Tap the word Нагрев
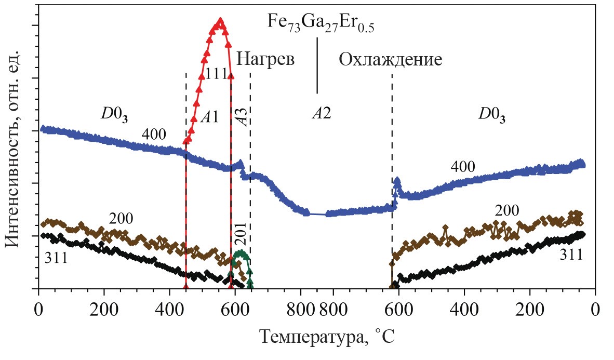coord(265,59)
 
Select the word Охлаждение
coord(390,60)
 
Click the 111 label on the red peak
coord(216,74)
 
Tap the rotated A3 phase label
coord(242,116)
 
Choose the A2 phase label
coord(321,113)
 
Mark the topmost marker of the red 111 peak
coord(220,21)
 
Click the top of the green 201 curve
coord(240,253)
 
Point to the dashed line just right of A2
coord(392,156)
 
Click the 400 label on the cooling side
coord(462,167)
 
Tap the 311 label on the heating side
coord(56,258)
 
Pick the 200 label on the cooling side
coord(507,211)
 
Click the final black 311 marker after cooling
coord(582,234)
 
